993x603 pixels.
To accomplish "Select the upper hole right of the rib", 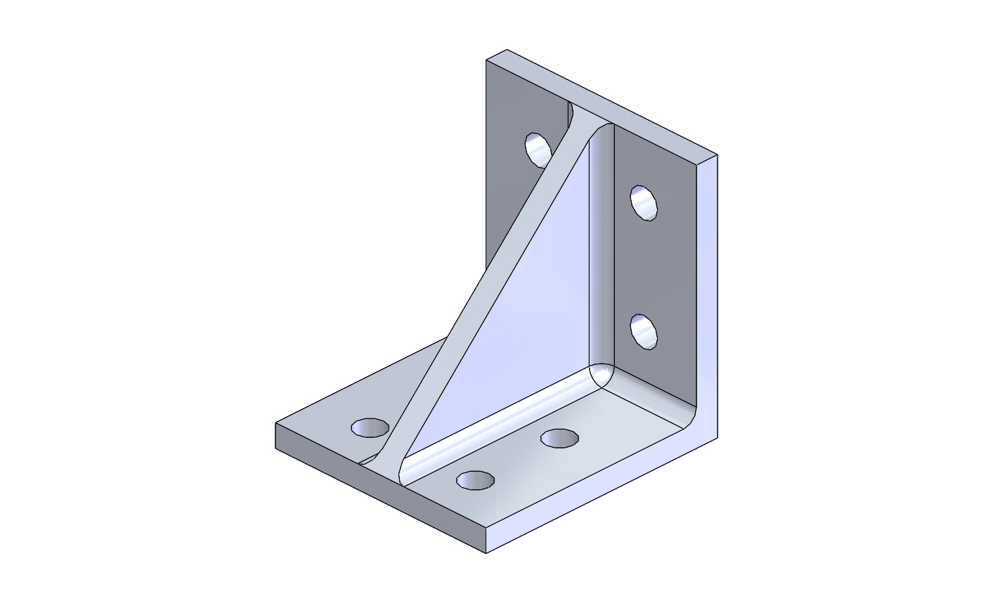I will pyautogui.click(x=644, y=203).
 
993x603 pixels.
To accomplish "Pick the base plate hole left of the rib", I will pyautogui.click(x=370, y=427).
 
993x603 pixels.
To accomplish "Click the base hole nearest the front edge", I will pyautogui.click(x=475, y=480).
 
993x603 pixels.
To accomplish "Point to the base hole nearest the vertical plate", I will pyautogui.click(x=559, y=439).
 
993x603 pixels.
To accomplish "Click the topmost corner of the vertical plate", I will pyautogui.click(x=507, y=51).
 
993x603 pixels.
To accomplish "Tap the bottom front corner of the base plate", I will pyautogui.click(x=486, y=552).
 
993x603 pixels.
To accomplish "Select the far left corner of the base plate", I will pyautogui.click(x=275, y=425).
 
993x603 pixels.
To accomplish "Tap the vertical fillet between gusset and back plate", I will pyautogui.click(x=602, y=253).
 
